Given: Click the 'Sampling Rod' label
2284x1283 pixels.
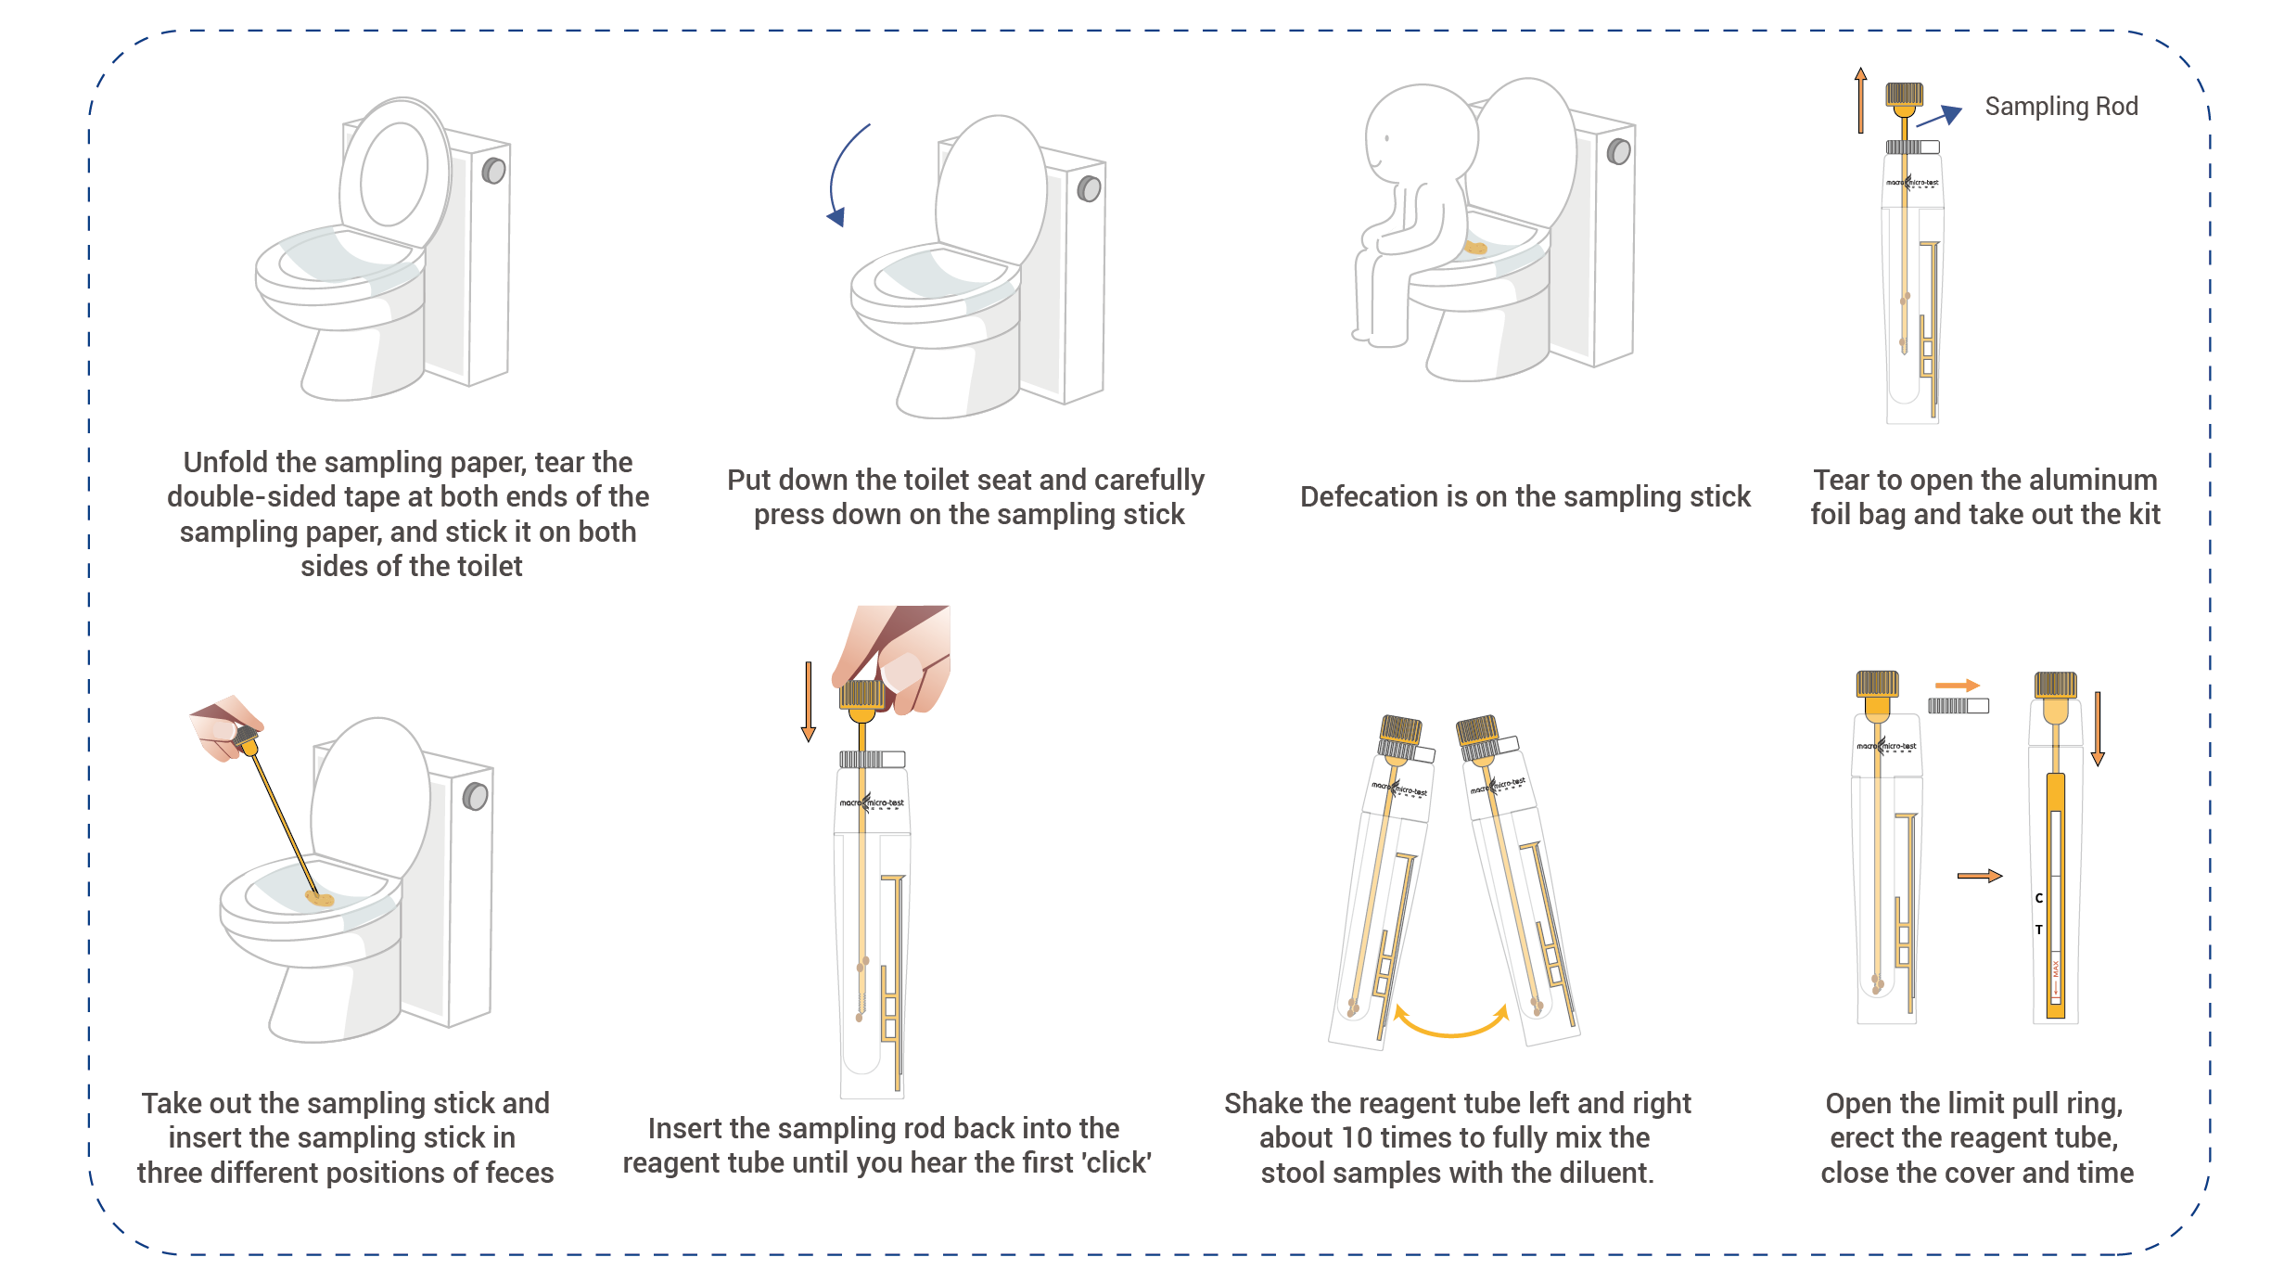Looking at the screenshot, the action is (x=2061, y=107).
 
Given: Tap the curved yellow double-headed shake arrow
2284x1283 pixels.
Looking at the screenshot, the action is (x=1451, y=1021).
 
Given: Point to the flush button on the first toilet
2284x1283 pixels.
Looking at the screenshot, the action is (x=494, y=171).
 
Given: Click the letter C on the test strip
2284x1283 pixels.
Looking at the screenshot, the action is (x=2039, y=898).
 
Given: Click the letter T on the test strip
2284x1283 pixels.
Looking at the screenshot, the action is (x=2039, y=930).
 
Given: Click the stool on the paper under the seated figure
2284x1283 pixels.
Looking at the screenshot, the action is (x=1475, y=248).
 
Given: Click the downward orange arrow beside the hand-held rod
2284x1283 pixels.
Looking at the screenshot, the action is (x=809, y=701).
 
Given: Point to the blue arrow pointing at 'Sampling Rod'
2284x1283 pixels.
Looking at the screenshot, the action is (x=1939, y=116).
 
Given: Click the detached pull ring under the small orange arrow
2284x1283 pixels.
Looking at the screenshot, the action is (x=1959, y=706).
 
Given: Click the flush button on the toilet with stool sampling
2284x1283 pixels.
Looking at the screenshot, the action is (x=476, y=796).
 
